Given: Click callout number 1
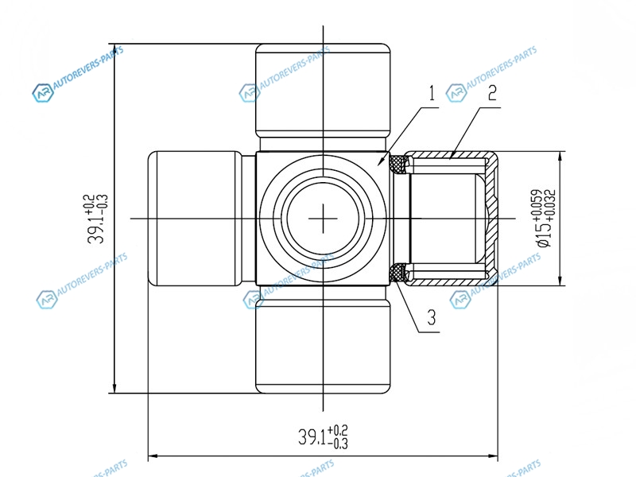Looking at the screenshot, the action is pyautogui.click(x=432, y=93).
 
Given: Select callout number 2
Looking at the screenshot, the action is pyautogui.click(x=492, y=93).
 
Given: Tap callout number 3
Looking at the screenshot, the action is pyautogui.click(x=432, y=317).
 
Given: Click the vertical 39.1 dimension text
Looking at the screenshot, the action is pyautogui.click(x=97, y=219).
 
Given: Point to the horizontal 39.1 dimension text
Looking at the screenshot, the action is pyautogui.click(x=324, y=436).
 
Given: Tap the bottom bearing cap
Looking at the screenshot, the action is pyautogui.click(x=323, y=346).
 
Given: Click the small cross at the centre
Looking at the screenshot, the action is pyautogui.click(x=323, y=219).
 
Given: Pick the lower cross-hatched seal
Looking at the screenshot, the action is pyautogui.click(x=398, y=273).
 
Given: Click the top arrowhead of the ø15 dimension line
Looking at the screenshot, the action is pyautogui.click(x=560, y=157).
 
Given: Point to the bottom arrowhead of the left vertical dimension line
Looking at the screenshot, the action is pyautogui.click(x=114, y=387).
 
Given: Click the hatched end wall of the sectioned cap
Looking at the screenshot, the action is pyautogui.click(x=493, y=219).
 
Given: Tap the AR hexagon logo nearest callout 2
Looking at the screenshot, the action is pyautogui.click(x=456, y=93).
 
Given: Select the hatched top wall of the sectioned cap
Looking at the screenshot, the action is pyautogui.click(x=449, y=154).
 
